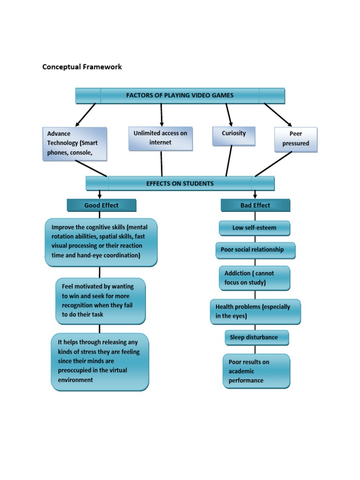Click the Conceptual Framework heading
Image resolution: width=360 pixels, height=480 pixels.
[x=82, y=67]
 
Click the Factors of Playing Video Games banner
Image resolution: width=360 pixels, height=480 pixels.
[x=180, y=96]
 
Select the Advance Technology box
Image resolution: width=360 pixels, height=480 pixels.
[x=75, y=143]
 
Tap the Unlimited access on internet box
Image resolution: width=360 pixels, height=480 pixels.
[x=160, y=138]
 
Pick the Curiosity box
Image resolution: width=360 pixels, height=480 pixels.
[x=233, y=134]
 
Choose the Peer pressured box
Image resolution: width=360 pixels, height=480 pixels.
[x=296, y=139]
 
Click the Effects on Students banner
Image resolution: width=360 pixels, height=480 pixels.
[x=180, y=183]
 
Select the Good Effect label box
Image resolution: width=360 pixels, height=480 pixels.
[x=101, y=205]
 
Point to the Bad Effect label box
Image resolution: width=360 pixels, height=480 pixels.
[x=255, y=205]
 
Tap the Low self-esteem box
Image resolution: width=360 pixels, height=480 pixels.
[x=255, y=228]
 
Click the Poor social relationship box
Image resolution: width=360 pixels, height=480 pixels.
[x=255, y=250]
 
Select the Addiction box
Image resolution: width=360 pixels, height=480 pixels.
[x=255, y=278]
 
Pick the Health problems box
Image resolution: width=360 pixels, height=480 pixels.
[x=255, y=312]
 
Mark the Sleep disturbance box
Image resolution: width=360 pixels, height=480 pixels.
[x=256, y=337]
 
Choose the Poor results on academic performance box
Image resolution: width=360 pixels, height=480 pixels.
[x=256, y=371]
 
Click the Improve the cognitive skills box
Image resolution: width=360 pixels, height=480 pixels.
[x=101, y=242]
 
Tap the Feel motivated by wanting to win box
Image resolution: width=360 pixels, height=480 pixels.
[x=100, y=301]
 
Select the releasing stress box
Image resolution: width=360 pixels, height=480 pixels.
[x=100, y=362]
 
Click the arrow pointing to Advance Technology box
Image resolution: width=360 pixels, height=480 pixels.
[x=85, y=115]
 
